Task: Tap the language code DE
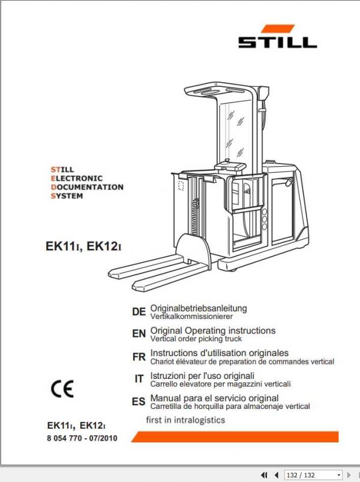[x=139, y=312]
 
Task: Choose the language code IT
[x=139, y=379]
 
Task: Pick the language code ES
[x=139, y=402]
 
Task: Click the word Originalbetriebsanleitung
[x=199, y=308]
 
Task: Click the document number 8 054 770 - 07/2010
[x=82, y=438]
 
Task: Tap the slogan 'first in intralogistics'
[x=186, y=420]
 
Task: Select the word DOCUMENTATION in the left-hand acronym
[x=87, y=187]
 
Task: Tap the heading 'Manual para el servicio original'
[x=214, y=398]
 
